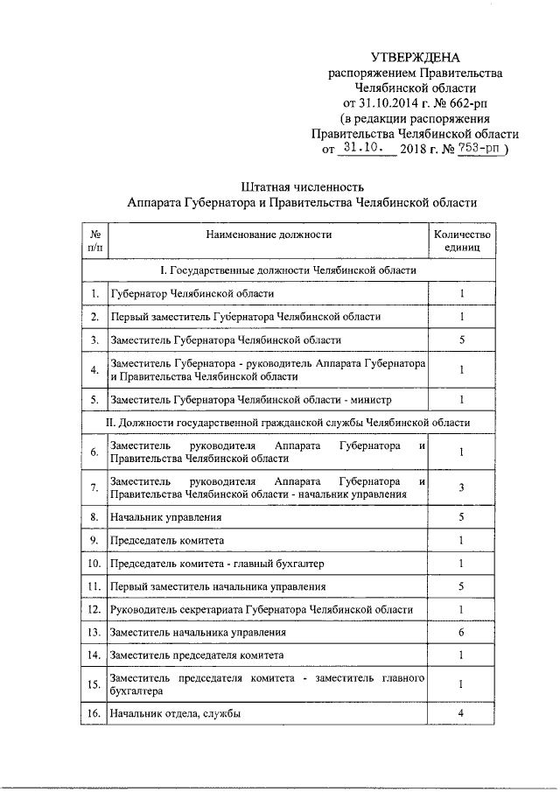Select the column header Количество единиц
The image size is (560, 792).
coord(461,241)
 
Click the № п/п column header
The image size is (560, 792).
coord(94,241)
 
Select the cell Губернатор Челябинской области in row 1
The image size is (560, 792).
coord(192,294)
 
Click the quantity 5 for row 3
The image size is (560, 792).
coord(461,340)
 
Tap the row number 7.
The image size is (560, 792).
coord(94,487)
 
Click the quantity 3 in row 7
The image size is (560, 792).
coord(461,487)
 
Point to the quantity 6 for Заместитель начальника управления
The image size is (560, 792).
coord(461,631)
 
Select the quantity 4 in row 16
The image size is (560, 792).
coord(461,714)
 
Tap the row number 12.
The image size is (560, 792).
coord(94,608)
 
